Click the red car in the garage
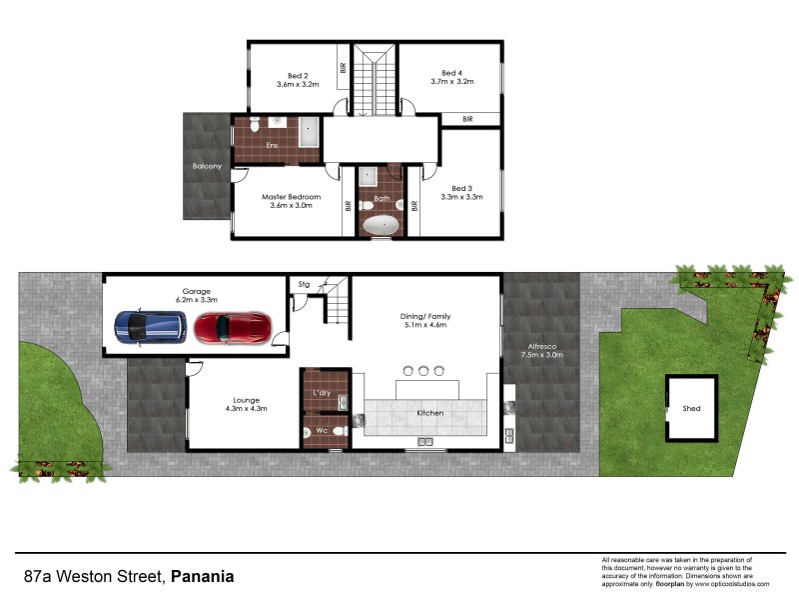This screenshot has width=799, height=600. click(x=232, y=327)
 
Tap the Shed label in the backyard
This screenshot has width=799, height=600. click(x=691, y=409)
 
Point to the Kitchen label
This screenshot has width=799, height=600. click(x=430, y=413)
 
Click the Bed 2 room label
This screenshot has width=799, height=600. click(x=298, y=80)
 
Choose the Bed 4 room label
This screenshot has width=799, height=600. click(x=452, y=78)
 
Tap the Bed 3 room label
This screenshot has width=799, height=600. click(x=460, y=193)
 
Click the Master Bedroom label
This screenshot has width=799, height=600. click(x=291, y=202)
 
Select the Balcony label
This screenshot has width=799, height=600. click(x=207, y=166)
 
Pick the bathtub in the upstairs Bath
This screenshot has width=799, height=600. click(x=380, y=224)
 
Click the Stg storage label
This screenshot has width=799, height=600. click(x=304, y=285)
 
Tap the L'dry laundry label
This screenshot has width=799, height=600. click(x=323, y=392)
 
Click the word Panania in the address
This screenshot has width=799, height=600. click(x=203, y=576)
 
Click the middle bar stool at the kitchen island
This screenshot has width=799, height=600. click(x=422, y=371)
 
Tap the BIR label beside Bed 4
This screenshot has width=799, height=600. click(x=467, y=119)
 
